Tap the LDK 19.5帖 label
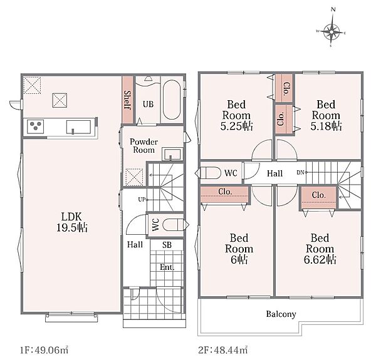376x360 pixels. point(72,222)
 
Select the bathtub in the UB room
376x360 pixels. point(172,100)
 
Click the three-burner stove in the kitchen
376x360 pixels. point(35,126)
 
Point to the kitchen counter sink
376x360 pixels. point(78,127)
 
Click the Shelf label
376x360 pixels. point(127,100)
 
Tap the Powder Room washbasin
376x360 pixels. point(172,154)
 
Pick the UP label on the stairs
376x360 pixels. point(142,199)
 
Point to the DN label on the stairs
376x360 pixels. point(300,172)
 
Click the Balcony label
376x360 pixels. point(281,314)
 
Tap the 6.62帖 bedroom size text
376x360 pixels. point(320,259)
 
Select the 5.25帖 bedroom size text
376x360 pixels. point(237,126)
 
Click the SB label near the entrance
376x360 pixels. point(167,245)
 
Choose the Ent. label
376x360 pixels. point(167,267)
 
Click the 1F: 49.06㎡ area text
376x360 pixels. point(44,350)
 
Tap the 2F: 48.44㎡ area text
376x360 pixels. point(223,350)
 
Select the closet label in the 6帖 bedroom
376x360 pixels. point(225,192)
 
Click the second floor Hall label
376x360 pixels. point(275,173)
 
